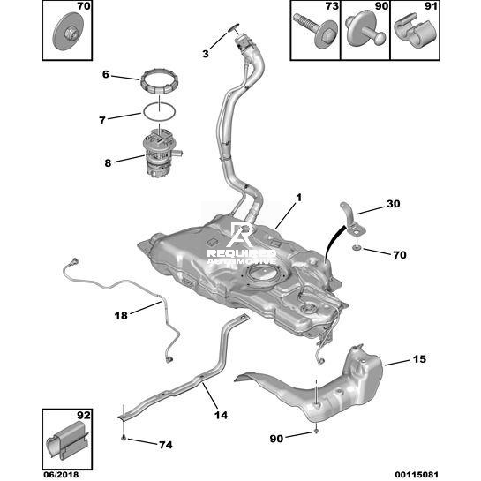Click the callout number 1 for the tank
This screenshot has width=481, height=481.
pyautogui.click(x=298, y=199)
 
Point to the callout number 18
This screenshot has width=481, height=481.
pyautogui.click(x=121, y=315)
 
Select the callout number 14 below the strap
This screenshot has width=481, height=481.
pyautogui.click(x=221, y=415)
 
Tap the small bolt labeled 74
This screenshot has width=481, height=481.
pyautogui.click(x=123, y=438)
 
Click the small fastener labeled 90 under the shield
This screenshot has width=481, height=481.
pyautogui.click(x=317, y=431)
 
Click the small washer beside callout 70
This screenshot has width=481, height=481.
pyautogui.click(x=357, y=247)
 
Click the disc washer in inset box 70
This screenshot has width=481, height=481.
pyautogui.click(x=68, y=31)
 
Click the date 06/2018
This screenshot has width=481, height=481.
pyautogui.click(x=60, y=475)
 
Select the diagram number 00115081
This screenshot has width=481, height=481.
pyautogui.click(x=417, y=475)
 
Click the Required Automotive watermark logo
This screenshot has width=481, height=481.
pyautogui.click(x=242, y=244)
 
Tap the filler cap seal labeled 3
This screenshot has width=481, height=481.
pyautogui.click(x=234, y=28)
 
